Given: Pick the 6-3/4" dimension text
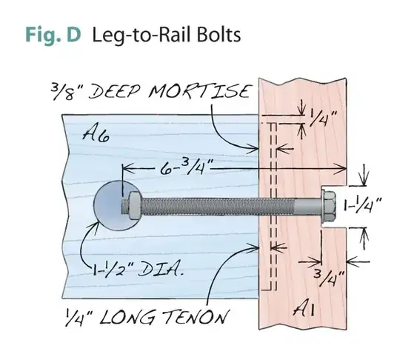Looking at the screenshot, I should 182,169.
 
